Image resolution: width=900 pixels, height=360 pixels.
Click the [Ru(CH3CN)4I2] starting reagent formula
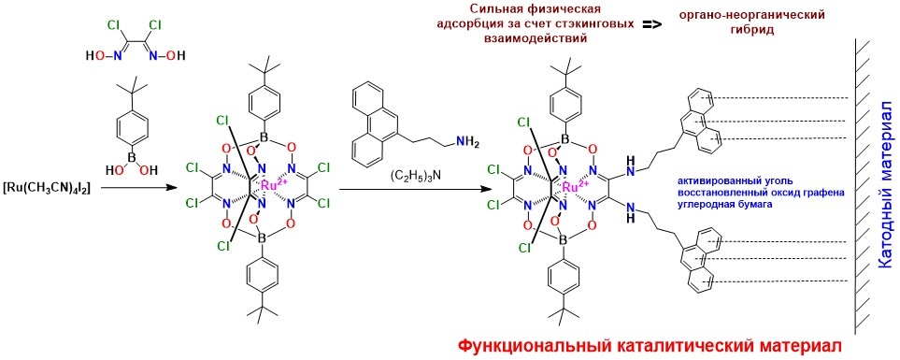[x=47, y=188]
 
